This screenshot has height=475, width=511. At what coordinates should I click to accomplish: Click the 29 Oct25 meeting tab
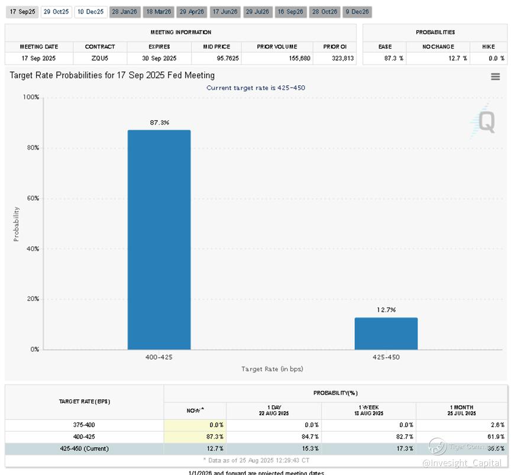tap(56, 12)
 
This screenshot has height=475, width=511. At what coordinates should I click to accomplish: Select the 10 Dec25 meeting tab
tap(90, 12)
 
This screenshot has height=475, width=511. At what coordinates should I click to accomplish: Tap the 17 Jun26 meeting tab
tap(224, 12)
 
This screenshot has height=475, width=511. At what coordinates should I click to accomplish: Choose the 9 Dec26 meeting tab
tap(357, 12)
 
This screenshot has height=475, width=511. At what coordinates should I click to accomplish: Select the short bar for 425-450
tap(386, 334)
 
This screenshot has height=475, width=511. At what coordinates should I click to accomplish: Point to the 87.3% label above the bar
tap(159, 122)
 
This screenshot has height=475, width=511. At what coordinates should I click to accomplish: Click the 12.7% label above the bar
tap(386, 310)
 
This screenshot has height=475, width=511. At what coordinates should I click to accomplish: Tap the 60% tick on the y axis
tap(32, 198)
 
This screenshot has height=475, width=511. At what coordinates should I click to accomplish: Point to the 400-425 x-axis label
tap(159, 357)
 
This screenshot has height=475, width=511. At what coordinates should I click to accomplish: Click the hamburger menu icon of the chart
tap(496, 76)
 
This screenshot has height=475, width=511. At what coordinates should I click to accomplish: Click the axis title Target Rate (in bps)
tap(272, 369)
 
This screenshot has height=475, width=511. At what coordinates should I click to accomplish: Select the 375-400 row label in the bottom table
tap(85, 425)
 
